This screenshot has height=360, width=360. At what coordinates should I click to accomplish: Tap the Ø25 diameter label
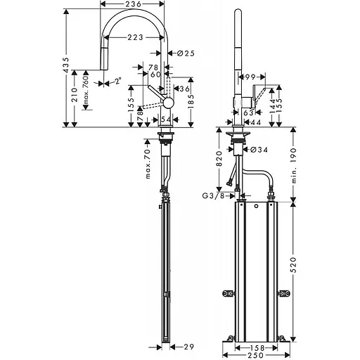[x=186, y=53]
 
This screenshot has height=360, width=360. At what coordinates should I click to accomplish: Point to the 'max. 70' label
[x=149, y=164]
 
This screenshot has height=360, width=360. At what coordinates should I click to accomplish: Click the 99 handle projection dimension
[x=250, y=76]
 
